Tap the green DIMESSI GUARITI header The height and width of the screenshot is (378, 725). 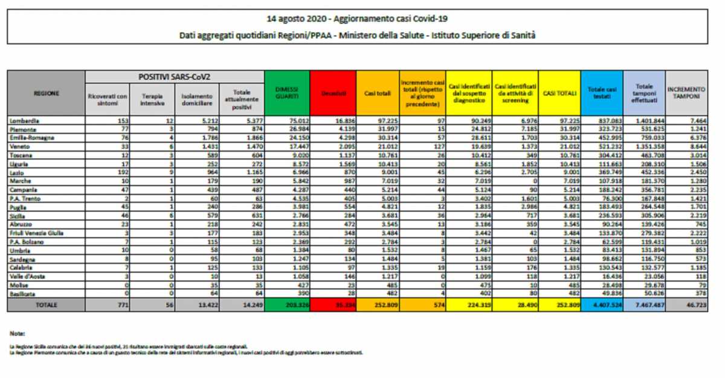tap(287, 93)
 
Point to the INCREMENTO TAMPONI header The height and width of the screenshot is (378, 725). tap(687, 93)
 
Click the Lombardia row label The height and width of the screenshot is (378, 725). tap(25, 121)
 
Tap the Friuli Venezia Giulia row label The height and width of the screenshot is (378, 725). tap(37, 232)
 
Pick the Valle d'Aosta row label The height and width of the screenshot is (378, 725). tap(27, 275)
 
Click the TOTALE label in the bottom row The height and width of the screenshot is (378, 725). tap(46, 306)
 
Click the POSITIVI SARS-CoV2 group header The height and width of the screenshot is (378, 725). tap(175, 77)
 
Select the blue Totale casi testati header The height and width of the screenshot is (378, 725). tap(601, 93)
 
